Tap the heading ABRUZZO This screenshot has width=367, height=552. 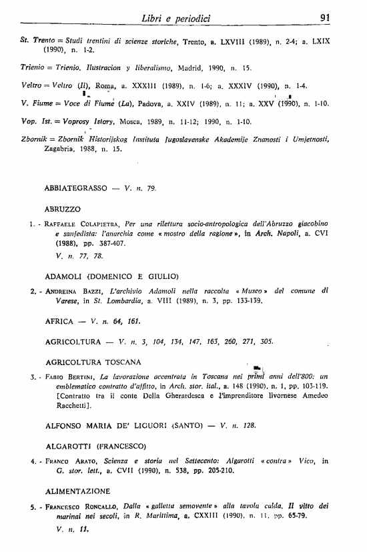point(63,209)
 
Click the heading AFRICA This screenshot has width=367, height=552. point(59,320)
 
